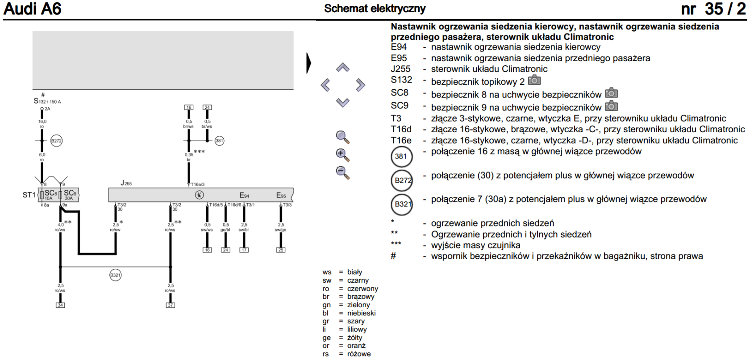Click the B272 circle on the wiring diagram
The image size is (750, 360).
pos(56,141)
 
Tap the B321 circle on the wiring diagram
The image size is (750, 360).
pos(115,275)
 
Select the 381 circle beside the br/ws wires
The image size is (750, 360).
pos(219,141)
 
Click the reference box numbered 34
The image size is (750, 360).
pos(60,305)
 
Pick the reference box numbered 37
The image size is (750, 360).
pos(171,305)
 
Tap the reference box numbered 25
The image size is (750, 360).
pos(280,250)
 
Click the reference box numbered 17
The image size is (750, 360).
pos(244,250)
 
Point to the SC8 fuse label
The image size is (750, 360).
pos(50,193)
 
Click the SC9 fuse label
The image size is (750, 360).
pos(70,193)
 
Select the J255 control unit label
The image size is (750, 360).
pos(126,183)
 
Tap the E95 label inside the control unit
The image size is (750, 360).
pos(281,195)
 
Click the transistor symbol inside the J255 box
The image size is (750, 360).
pos(199,195)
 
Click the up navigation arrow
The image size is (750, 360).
pos(342,67)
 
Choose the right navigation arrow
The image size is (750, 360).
pos(360,85)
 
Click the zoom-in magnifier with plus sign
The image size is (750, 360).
pos(342,155)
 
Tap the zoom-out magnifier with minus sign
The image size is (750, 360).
pos(342,173)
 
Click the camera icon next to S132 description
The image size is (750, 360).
pos(534,80)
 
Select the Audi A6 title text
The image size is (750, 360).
pos(33,8)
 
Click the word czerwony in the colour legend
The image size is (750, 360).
pos(362,289)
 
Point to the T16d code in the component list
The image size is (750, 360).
pos(401,129)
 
